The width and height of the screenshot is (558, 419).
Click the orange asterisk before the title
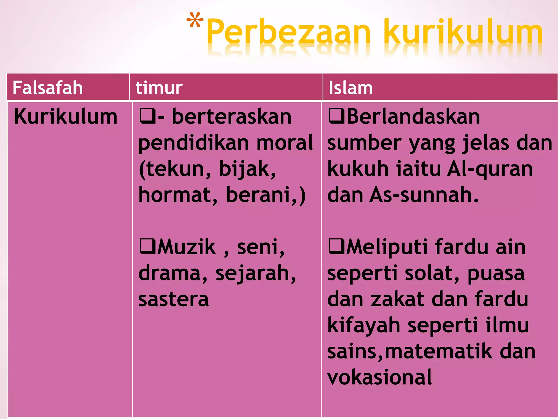[x=195, y=20]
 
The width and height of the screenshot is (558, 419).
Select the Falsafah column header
[x=48, y=88]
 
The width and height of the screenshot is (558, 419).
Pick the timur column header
[x=159, y=88]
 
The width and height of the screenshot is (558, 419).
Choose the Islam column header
[x=351, y=88]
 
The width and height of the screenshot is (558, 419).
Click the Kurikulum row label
[x=65, y=117]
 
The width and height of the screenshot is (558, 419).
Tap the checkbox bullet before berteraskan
[x=147, y=116]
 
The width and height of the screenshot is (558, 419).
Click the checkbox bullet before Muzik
[x=147, y=246]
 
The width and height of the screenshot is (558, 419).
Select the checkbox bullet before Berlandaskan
[x=336, y=116]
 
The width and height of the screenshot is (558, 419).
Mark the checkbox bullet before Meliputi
[x=336, y=246]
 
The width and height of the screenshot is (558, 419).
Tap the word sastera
[x=174, y=299]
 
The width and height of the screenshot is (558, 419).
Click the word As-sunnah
[x=424, y=195]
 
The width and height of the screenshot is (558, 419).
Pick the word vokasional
[x=380, y=377]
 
